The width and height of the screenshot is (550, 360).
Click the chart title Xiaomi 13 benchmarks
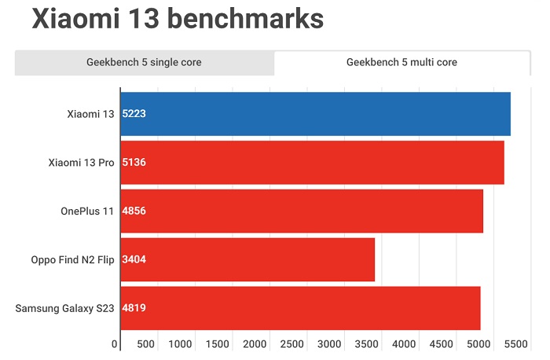(x=178, y=20)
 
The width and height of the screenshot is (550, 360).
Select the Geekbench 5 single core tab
(x=144, y=62)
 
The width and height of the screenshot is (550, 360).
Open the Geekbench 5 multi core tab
(x=401, y=62)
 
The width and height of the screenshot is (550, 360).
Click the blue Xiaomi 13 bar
(x=315, y=114)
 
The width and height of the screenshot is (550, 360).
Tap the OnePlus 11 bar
(x=302, y=211)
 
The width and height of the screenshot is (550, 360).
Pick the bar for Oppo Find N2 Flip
(x=247, y=259)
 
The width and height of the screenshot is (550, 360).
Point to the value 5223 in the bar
(x=134, y=114)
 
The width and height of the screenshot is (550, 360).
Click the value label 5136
(x=134, y=163)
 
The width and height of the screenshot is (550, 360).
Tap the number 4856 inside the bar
(x=134, y=211)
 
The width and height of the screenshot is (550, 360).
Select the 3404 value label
(x=134, y=259)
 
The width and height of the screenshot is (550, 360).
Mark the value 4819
(x=134, y=308)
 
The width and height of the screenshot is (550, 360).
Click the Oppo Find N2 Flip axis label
(x=73, y=259)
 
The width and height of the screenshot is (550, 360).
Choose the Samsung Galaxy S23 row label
(x=65, y=308)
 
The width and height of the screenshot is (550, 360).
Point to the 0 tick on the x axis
(x=115, y=344)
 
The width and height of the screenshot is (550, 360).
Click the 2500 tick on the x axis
(x=292, y=344)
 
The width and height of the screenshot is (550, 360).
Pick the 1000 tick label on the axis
(x=181, y=344)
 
